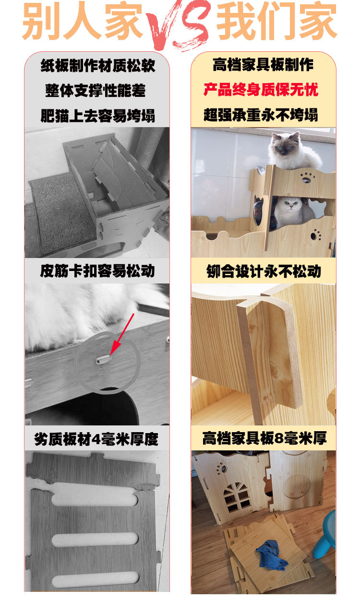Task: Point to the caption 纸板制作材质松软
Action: [97, 65]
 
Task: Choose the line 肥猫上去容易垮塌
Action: [97, 116]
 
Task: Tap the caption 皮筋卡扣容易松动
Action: [97, 271]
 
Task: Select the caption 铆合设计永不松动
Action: [263, 271]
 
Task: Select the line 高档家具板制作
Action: [263, 65]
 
